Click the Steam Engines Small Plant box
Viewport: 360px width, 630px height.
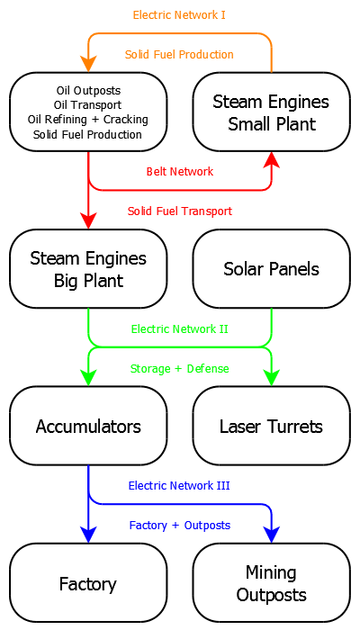271,112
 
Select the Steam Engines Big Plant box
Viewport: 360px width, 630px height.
88,269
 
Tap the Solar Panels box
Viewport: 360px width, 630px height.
271,269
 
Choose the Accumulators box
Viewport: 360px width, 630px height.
88,426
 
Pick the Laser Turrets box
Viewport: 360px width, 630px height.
271,426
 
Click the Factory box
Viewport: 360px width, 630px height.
88,583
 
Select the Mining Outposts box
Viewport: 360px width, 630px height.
271,583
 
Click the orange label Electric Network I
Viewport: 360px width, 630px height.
179,15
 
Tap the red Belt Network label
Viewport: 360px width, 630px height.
180,172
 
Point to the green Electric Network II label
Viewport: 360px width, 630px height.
180,329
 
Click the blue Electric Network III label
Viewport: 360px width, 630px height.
179,485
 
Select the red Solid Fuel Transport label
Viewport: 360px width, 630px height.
180,211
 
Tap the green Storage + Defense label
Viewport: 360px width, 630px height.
180,368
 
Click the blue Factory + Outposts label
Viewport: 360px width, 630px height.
180,525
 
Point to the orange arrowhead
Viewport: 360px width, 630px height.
88,64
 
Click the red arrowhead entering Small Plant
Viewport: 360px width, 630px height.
272,160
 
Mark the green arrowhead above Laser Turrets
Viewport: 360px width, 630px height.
272,378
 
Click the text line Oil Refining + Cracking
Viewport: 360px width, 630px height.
88,120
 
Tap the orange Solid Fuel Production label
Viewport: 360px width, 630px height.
179,55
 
